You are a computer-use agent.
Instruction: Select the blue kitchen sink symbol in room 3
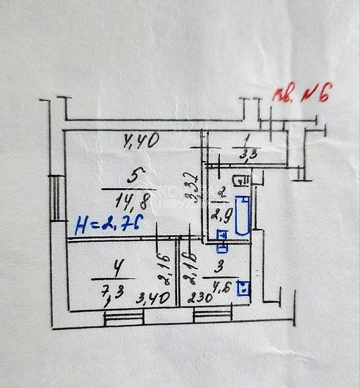coord(244,287)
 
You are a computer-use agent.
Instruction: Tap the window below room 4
coord(123,316)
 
